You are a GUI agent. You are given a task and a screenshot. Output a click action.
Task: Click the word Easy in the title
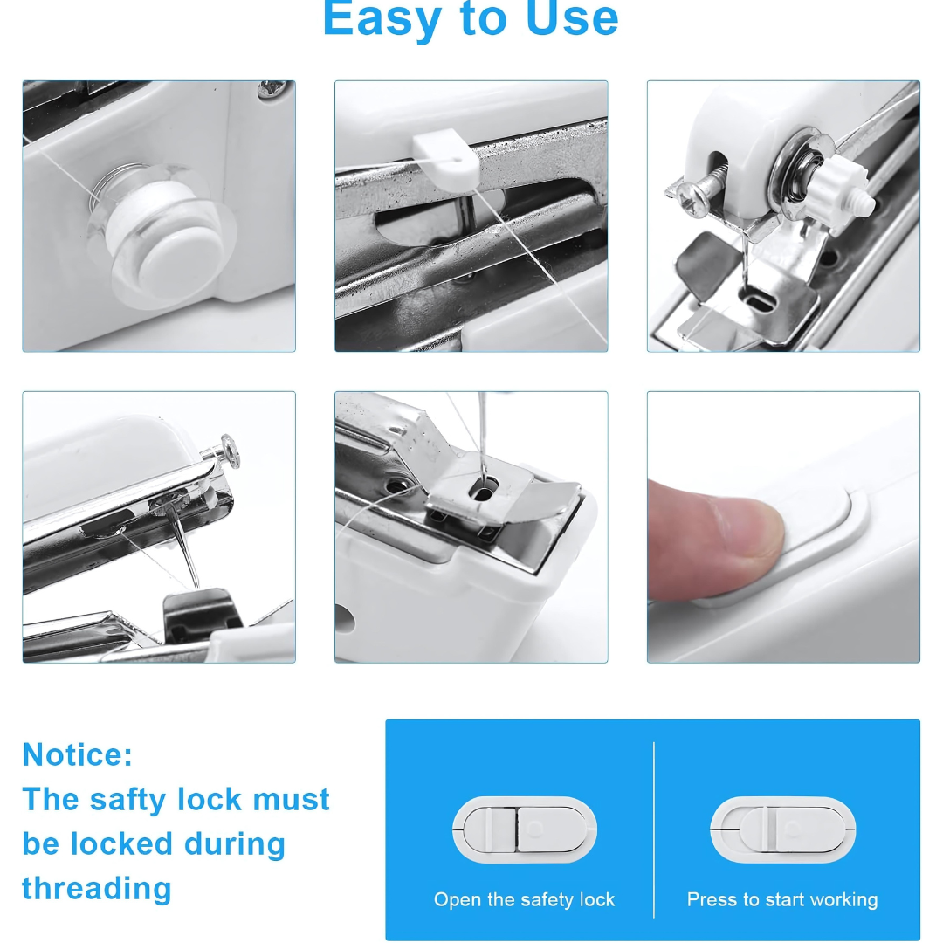click(382, 19)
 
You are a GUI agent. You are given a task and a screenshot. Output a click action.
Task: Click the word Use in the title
click(571, 18)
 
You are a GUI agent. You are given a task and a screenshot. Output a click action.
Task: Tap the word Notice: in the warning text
click(78, 754)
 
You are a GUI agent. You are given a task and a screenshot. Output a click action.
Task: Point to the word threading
click(97, 889)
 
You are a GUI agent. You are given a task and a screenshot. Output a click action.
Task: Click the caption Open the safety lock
click(525, 899)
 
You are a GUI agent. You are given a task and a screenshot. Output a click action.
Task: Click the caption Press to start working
click(782, 899)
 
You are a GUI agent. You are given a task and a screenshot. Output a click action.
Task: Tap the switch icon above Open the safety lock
click(525, 829)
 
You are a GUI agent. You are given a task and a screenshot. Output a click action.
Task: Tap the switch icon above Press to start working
click(782, 829)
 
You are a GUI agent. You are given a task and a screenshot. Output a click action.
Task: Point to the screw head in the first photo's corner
click(272, 89)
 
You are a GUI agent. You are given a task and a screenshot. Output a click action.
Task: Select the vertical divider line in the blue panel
click(654, 830)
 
